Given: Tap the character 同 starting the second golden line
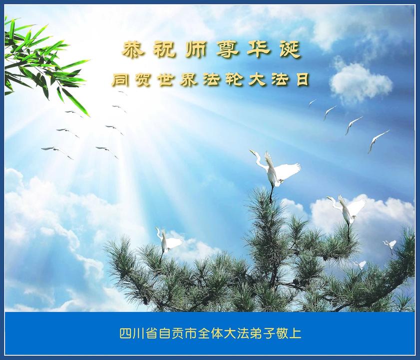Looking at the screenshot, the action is click(x=119, y=80).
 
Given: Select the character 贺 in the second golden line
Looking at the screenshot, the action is click(x=142, y=80).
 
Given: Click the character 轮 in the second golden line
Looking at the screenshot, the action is click(x=233, y=80).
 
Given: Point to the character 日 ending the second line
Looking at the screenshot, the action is click(x=302, y=80).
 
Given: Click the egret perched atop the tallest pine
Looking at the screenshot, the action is click(x=275, y=173).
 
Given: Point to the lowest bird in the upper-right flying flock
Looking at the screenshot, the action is click(x=378, y=141).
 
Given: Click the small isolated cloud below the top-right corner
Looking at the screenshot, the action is click(x=360, y=82).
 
